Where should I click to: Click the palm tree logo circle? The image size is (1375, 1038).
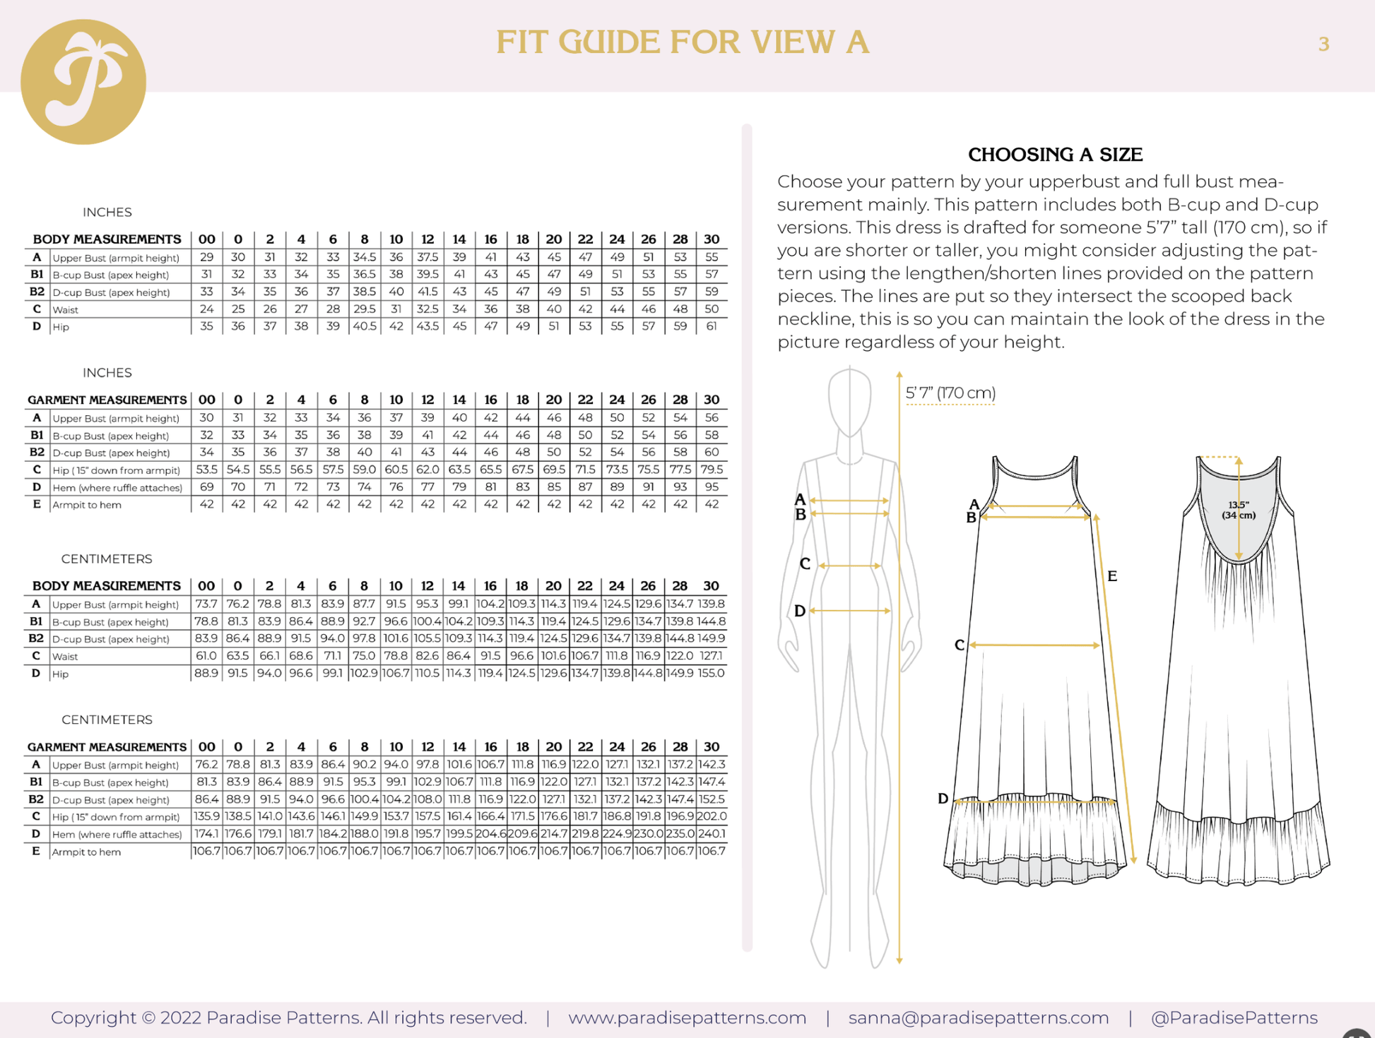[x=83, y=82]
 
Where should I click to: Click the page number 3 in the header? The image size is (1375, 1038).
[x=1323, y=44]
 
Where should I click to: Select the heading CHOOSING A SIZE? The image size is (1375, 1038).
[x=1054, y=155]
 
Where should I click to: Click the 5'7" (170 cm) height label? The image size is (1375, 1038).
[x=950, y=393]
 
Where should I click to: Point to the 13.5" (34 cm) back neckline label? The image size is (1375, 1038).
[x=1238, y=510]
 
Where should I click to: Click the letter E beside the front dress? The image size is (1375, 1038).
[x=1111, y=576]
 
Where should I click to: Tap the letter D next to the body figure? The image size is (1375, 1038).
[x=799, y=611]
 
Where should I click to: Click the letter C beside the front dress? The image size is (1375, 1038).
[x=959, y=645]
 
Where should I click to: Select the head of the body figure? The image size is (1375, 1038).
[x=849, y=400]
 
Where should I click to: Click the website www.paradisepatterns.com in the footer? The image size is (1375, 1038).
[x=687, y=1018]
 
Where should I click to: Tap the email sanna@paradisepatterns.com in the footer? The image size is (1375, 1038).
[x=978, y=1018]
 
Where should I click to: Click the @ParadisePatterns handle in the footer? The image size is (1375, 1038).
[x=1234, y=1018]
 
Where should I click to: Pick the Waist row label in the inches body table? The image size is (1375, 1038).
[x=66, y=309]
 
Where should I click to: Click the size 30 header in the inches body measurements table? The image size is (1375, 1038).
[x=712, y=239]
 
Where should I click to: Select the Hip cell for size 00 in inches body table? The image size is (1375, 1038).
[x=206, y=326]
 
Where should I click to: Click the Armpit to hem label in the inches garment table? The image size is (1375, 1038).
[x=87, y=505]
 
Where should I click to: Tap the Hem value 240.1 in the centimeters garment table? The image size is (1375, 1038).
[x=712, y=834]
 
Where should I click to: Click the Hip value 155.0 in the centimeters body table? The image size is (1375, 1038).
[x=711, y=673]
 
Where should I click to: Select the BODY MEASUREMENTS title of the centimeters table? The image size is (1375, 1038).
[x=107, y=586]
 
